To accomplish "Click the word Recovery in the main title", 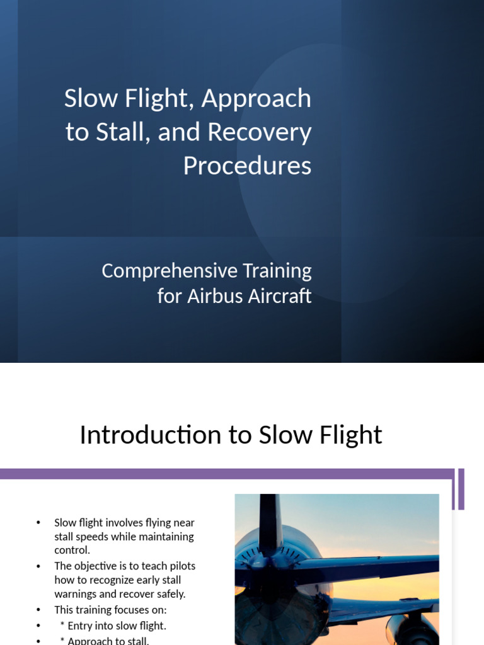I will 259,132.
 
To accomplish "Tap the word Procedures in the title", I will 247,166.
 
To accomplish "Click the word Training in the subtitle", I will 277,271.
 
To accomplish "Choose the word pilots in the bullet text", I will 180,566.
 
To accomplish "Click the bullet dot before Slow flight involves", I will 38,523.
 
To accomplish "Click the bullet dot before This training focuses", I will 38,610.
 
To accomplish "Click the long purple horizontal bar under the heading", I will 227,474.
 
